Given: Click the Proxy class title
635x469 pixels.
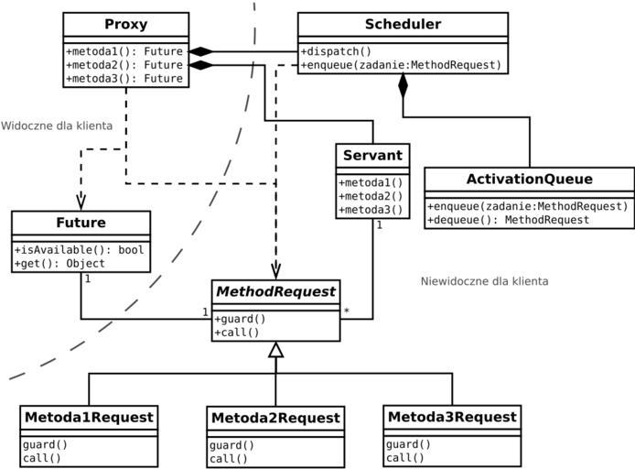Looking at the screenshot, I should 125,24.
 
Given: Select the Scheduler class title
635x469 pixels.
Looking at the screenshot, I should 403,24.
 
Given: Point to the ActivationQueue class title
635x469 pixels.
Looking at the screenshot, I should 530,179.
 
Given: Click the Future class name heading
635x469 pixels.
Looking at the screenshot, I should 81,223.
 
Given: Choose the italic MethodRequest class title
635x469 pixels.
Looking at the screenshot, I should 276,291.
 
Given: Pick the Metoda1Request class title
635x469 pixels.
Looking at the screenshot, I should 89,417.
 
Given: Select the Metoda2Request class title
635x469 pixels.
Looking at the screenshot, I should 275,418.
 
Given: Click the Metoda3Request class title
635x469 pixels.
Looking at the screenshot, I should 452,417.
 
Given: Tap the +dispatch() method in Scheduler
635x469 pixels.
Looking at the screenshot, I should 336,51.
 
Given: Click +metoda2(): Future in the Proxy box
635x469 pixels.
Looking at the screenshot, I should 124,65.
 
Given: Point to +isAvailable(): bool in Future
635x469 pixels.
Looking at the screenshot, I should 79,250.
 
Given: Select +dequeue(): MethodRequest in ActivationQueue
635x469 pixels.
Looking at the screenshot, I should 508,220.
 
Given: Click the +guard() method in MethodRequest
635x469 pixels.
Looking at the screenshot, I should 240,319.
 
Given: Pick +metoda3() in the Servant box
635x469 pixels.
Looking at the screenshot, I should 371,210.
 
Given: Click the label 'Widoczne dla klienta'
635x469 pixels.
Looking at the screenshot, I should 57,125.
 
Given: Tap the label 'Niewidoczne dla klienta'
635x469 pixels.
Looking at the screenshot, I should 485,281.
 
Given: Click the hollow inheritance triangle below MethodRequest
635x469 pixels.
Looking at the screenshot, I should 276,350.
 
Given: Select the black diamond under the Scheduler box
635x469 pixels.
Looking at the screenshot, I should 403,86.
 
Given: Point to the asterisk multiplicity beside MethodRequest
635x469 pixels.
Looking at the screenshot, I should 347,312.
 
